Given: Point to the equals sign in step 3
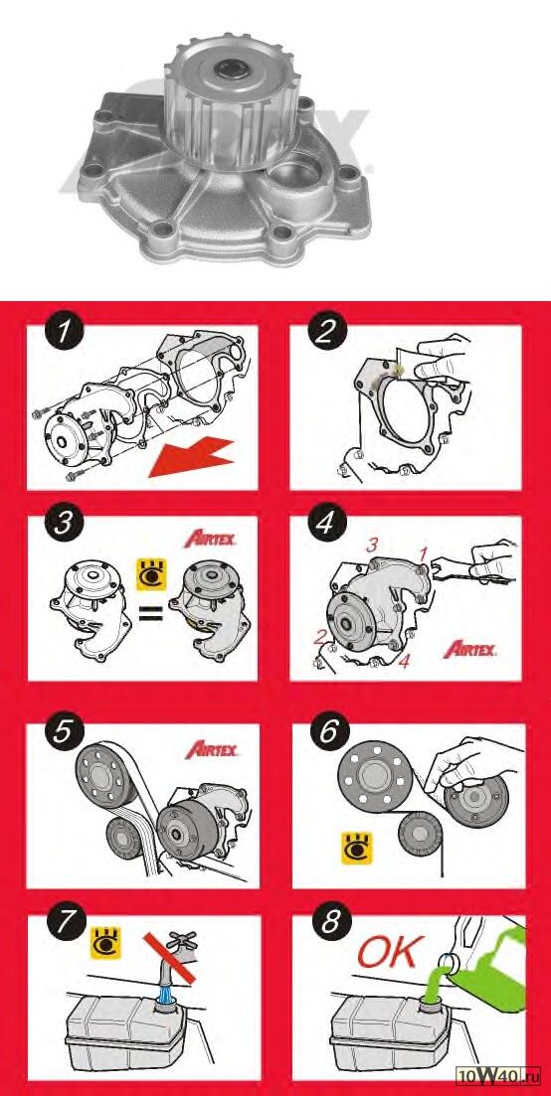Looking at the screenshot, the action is [150, 614].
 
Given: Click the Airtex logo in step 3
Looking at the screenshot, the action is [209, 540].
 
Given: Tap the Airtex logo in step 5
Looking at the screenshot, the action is [212, 750].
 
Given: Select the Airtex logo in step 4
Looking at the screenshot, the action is [469, 649].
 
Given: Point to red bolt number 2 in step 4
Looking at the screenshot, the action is [321, 637].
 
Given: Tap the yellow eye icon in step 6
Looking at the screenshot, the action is [357, 845].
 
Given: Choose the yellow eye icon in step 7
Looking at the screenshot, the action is [106, 942].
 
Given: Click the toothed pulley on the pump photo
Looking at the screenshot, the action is [218, 102].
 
